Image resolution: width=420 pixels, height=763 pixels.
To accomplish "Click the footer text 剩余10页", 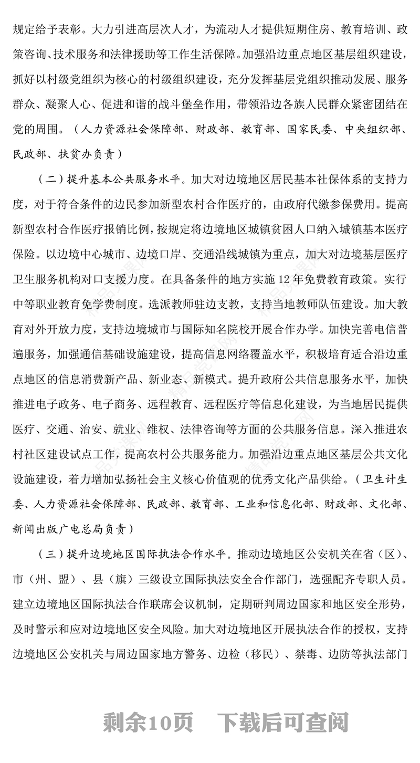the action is [x=149, y=723].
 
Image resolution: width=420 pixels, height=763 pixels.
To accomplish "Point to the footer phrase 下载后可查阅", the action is [x=284, y=723].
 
